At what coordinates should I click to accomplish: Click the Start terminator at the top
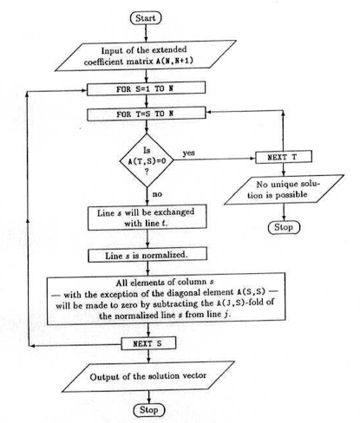[x=146, y=18]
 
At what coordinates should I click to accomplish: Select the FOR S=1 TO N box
[x=147, y=88]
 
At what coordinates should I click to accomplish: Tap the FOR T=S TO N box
[x=147, y=114]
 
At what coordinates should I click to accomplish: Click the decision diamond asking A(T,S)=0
[x=147, y=160]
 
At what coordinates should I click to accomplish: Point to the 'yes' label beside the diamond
[x=188, y=153]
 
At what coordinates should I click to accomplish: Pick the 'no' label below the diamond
[x=157, y=194]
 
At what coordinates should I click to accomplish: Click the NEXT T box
[x=284, y=157]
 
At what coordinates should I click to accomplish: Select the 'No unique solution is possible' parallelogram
[x=284, y=190]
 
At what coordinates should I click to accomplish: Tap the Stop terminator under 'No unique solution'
[x=284, y=227]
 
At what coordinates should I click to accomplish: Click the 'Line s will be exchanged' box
[x=147, y=218]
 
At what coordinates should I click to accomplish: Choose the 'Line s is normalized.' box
[x=147, y=255]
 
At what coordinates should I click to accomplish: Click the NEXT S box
[x=148, y=343]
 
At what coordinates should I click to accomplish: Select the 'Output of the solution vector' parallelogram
[x=148, y=377]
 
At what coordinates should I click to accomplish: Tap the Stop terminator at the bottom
[x=149, y=410]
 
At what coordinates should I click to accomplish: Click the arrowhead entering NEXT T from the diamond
[x=253, y=159]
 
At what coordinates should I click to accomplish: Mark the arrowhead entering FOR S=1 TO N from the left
[x=83, y=90]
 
